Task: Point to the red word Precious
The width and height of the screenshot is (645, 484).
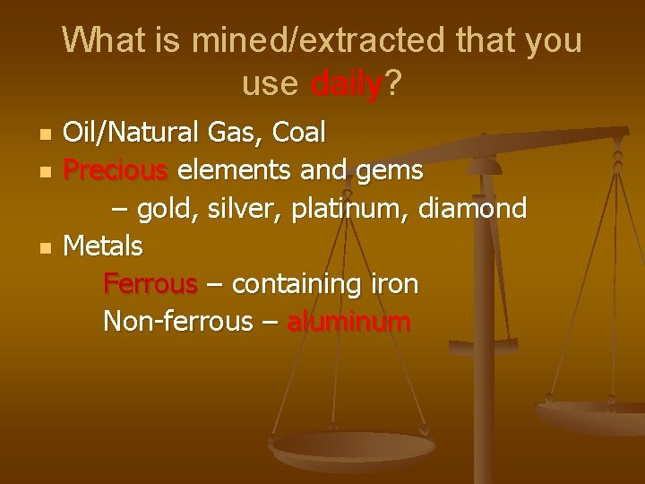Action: click(x=116, y=169)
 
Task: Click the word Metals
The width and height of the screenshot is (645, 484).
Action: click(x=103, y=245)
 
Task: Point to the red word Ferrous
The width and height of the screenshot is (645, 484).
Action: click(x=150, y=283)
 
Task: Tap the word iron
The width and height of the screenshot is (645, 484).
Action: click(x=394, y=283)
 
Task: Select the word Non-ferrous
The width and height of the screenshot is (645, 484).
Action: click(x=178, y=321)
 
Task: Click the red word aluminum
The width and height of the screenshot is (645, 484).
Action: click(x=348, y=321)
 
